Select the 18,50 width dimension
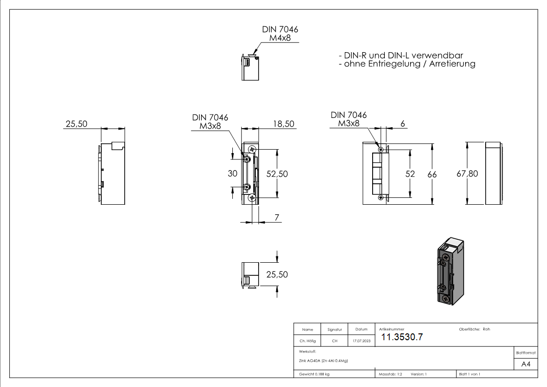283,124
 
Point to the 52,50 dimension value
277,174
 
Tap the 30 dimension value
233,174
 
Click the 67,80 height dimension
467,174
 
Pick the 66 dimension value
432,174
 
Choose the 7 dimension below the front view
277,218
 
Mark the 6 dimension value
402,123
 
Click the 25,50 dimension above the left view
76,124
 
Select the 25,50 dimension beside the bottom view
277,274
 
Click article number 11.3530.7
402,337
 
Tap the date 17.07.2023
361,341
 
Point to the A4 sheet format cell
526,364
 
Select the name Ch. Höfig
308,341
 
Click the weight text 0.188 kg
321,374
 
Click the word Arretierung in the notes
452,64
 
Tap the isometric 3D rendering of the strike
451,271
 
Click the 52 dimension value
410,174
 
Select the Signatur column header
335,329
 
